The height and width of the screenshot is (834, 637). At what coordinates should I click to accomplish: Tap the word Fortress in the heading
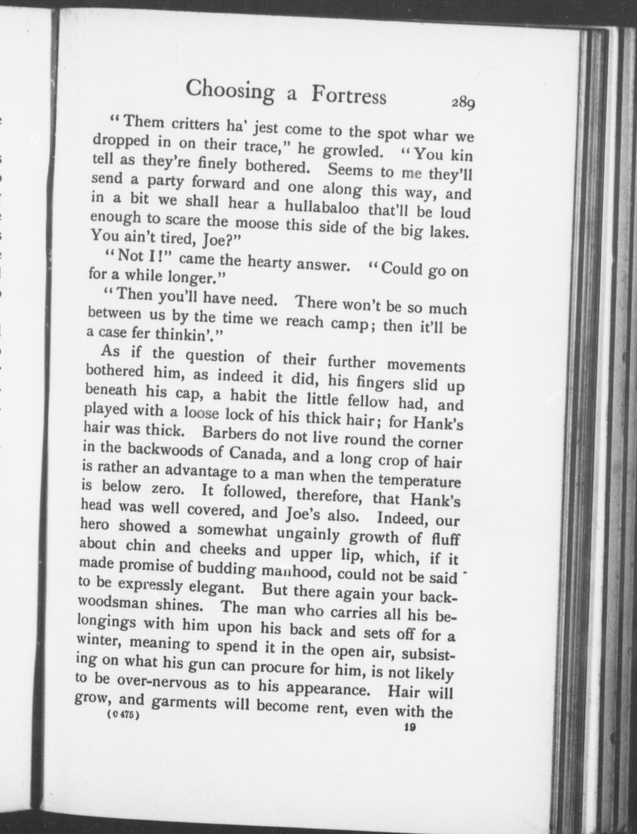pos(348,97)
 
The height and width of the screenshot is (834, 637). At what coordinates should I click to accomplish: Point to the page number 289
pos(463,104)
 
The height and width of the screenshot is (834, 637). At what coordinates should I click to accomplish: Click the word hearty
pos(270,263)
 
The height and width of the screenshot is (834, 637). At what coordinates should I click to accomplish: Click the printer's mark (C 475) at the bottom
pos(123,715)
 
